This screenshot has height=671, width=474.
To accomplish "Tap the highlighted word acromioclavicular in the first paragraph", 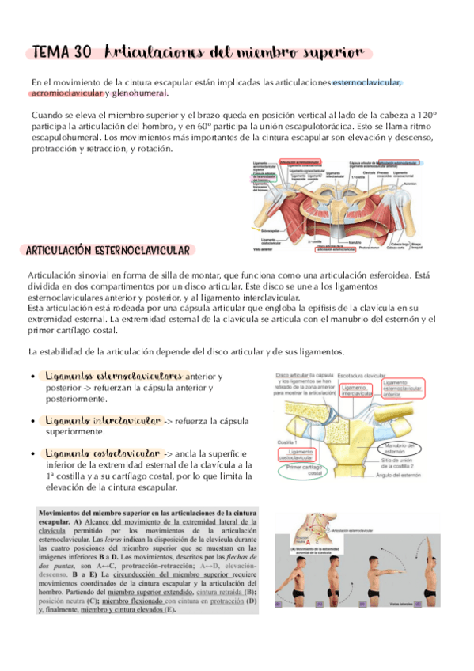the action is (67, 93).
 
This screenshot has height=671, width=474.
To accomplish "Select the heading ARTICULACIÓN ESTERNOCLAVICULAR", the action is (109, 251).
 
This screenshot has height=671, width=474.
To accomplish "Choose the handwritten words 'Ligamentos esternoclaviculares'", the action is (115, 377).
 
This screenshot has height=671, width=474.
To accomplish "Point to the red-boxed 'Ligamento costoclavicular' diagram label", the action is (299, 454).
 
